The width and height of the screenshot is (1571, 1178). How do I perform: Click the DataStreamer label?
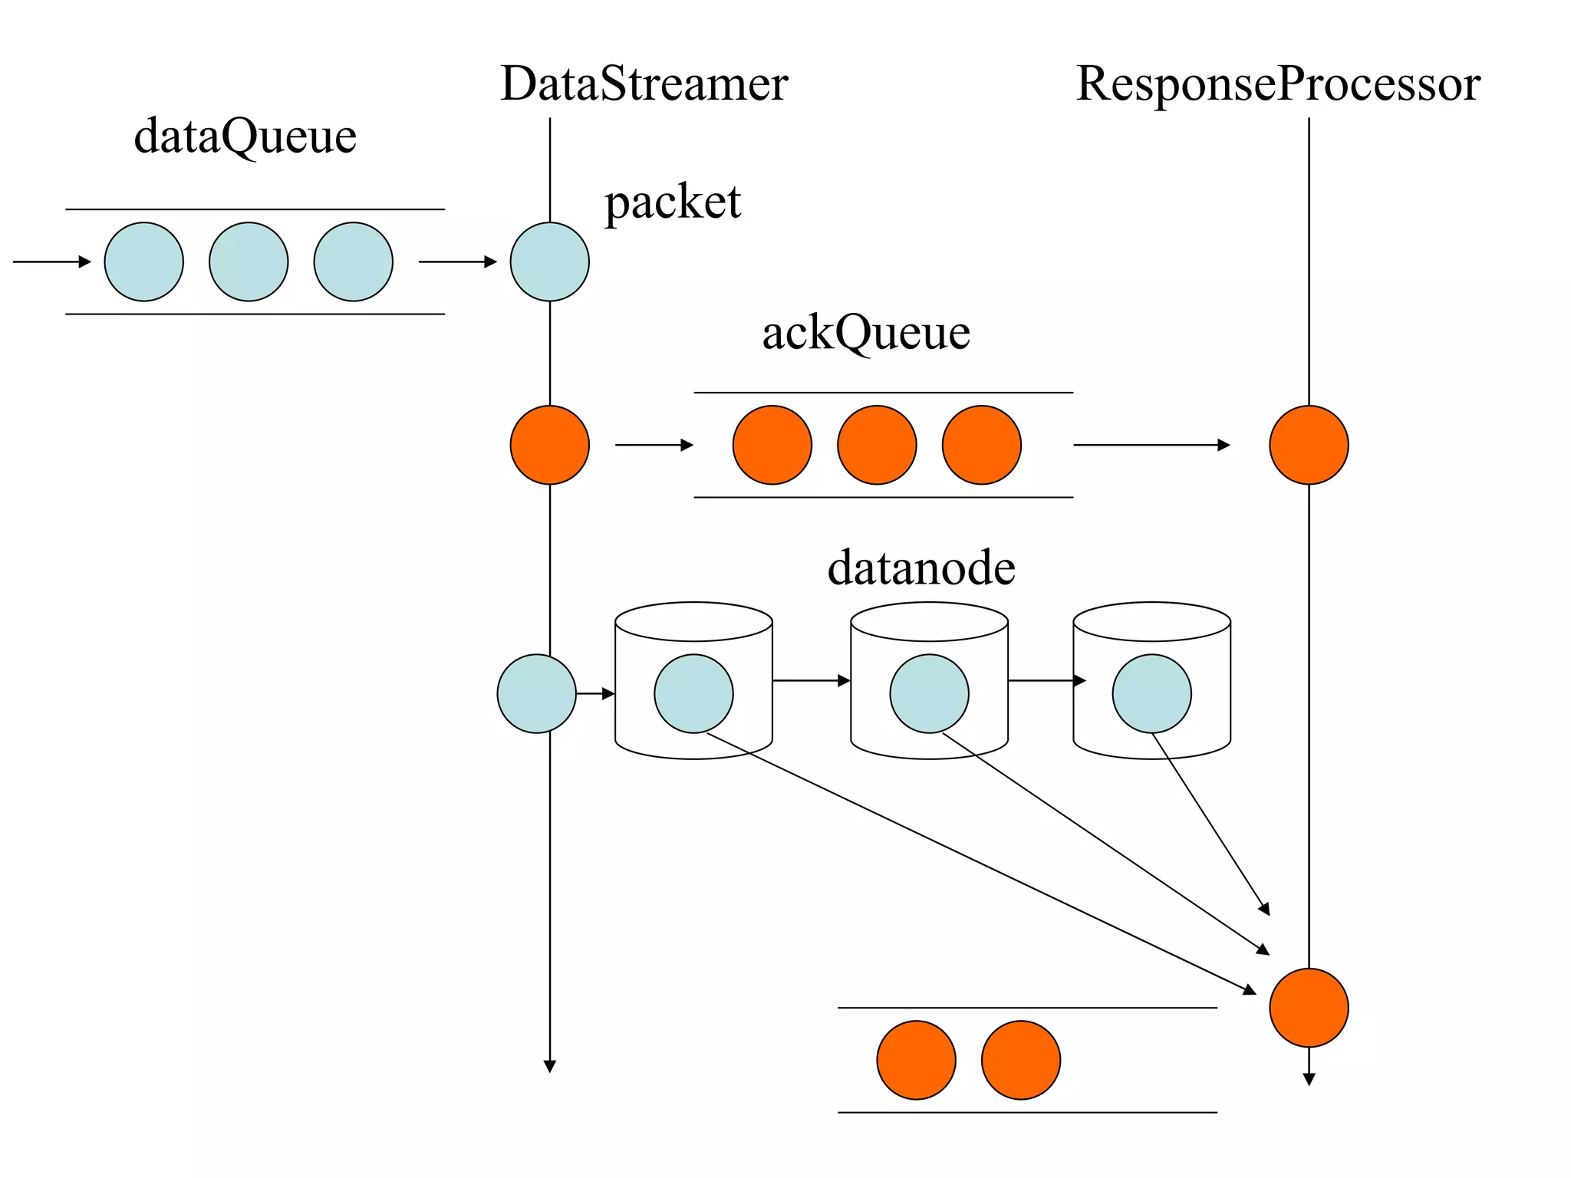pos(644,84)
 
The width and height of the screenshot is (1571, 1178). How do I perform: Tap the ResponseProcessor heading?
pos(1278,84)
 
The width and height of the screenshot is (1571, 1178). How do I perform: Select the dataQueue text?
pos(245,137)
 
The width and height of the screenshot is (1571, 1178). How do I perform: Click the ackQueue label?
pos(866,333)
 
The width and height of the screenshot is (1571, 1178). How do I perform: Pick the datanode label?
pos(921,568)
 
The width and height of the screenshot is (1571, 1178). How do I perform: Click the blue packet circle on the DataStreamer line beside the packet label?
pos(549,262)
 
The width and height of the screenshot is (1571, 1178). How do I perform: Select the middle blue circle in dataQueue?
pos(249,262)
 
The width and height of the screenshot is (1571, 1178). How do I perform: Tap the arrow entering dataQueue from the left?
pos(52,262)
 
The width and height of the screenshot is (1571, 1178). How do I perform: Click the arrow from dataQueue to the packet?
pos(458,262)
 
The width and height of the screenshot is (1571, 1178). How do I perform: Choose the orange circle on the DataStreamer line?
pos(549,445)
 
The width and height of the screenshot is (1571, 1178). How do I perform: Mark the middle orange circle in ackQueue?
pos(877,445)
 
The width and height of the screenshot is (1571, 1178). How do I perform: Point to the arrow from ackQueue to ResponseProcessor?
pos(1151,445)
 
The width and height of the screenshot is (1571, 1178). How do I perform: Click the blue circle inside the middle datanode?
pos(929,693)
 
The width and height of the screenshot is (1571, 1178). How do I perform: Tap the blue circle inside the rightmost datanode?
pos(1151,693)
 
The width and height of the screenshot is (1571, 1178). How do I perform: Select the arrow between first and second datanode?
pos(812,680)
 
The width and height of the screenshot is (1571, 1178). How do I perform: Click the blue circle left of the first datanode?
pos(536,693)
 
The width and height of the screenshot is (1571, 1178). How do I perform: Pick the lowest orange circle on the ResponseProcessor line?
pos(1309,1008)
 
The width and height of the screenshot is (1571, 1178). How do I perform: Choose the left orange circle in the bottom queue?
pos(916,1060)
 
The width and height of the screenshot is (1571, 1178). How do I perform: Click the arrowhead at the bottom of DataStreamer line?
pos(549,1066)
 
